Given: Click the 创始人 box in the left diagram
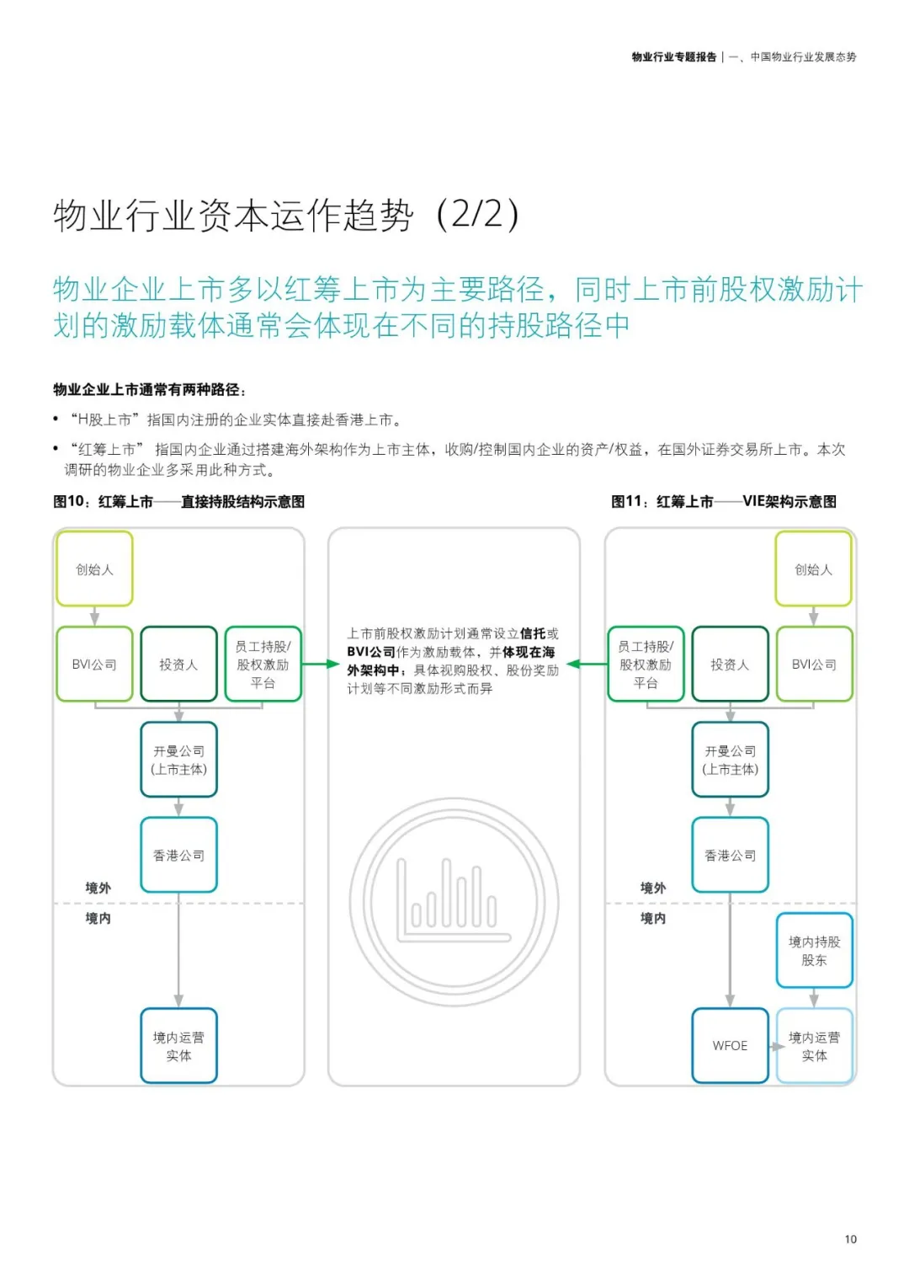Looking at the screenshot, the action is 94,569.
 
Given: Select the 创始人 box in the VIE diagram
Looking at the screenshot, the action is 813,569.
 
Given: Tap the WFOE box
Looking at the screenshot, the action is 730,1045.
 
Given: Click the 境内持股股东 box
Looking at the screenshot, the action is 814,951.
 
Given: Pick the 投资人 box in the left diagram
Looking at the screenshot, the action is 178,664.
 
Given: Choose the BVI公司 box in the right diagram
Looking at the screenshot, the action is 814,664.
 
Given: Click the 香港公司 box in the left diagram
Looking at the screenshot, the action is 178,855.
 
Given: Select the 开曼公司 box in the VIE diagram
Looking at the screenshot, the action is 730,760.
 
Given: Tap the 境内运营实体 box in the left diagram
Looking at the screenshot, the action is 178,1046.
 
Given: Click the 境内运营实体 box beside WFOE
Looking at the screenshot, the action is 814,1046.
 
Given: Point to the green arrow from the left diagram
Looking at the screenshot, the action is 321,664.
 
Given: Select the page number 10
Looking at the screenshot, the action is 850,1239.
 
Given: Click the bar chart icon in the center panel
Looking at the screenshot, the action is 454,902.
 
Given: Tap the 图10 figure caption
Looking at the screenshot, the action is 178,502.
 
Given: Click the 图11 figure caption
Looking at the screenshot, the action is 724,502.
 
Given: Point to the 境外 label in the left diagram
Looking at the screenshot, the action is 98,888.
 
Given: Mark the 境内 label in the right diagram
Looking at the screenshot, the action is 652,918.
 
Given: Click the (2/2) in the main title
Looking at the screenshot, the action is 477,215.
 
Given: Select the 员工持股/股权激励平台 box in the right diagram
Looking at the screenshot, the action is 646,664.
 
